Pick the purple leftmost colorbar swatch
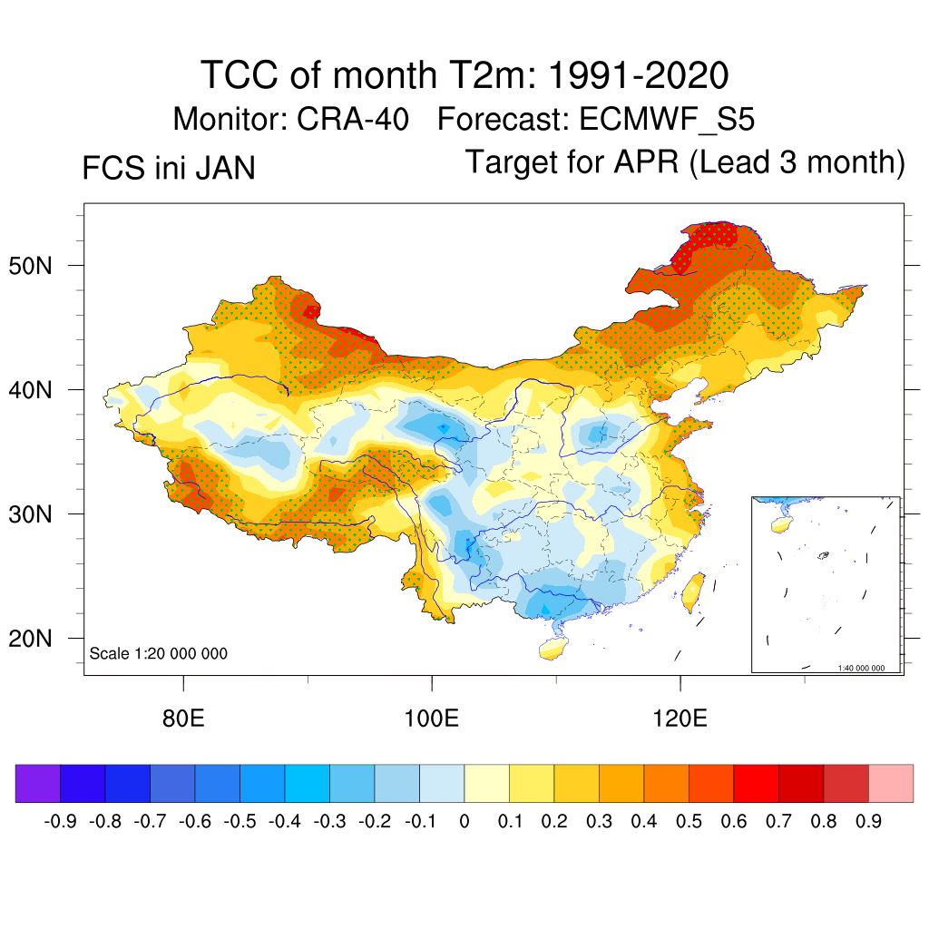(x=38, y=783)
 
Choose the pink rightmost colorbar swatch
(x=891, y=783)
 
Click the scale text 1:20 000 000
(x=159, y=654)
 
